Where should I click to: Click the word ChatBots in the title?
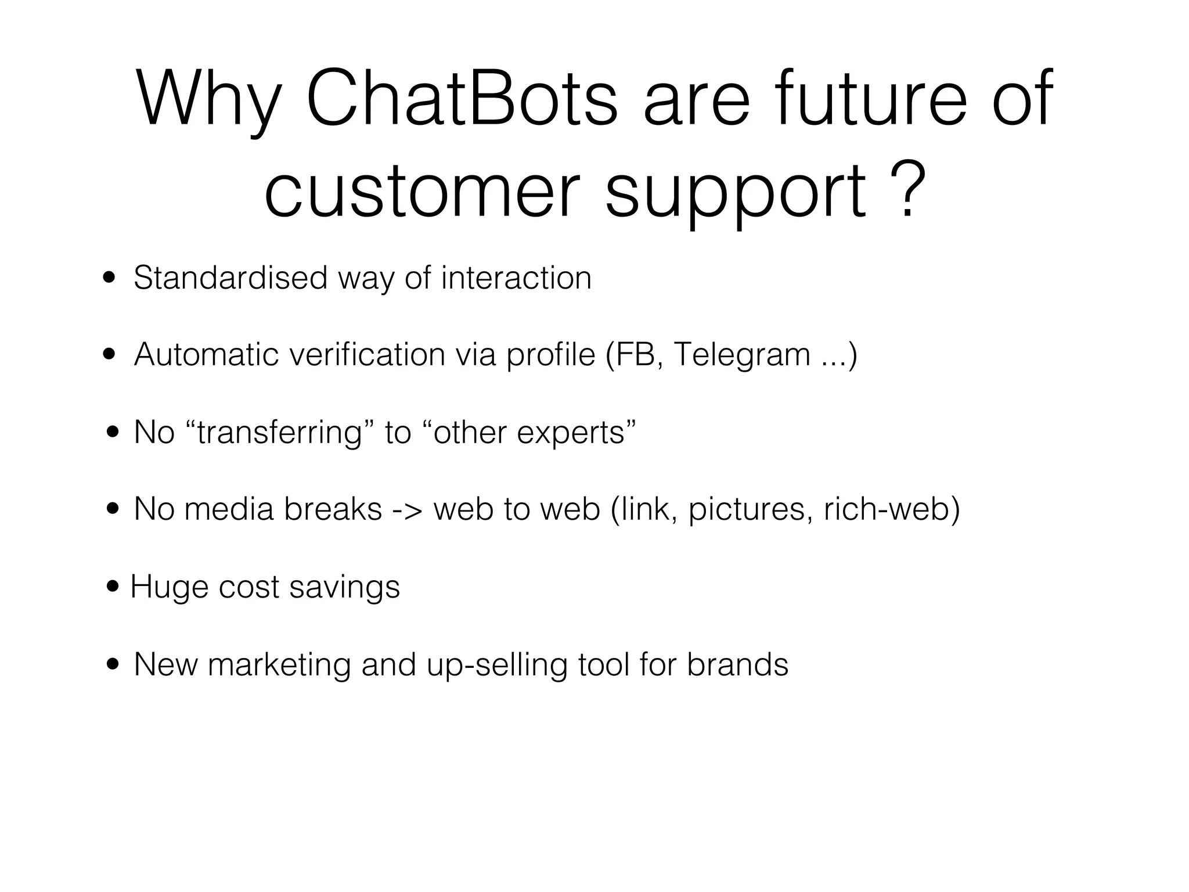[462, 98]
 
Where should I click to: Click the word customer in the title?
[421, 192]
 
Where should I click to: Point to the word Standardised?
[230, 278]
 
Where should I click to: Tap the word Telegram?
[742, 355]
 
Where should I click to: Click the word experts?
[571, 433]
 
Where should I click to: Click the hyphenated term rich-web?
[891, 510]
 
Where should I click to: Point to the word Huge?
[169, 587]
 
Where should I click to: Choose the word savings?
[344, 587]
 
